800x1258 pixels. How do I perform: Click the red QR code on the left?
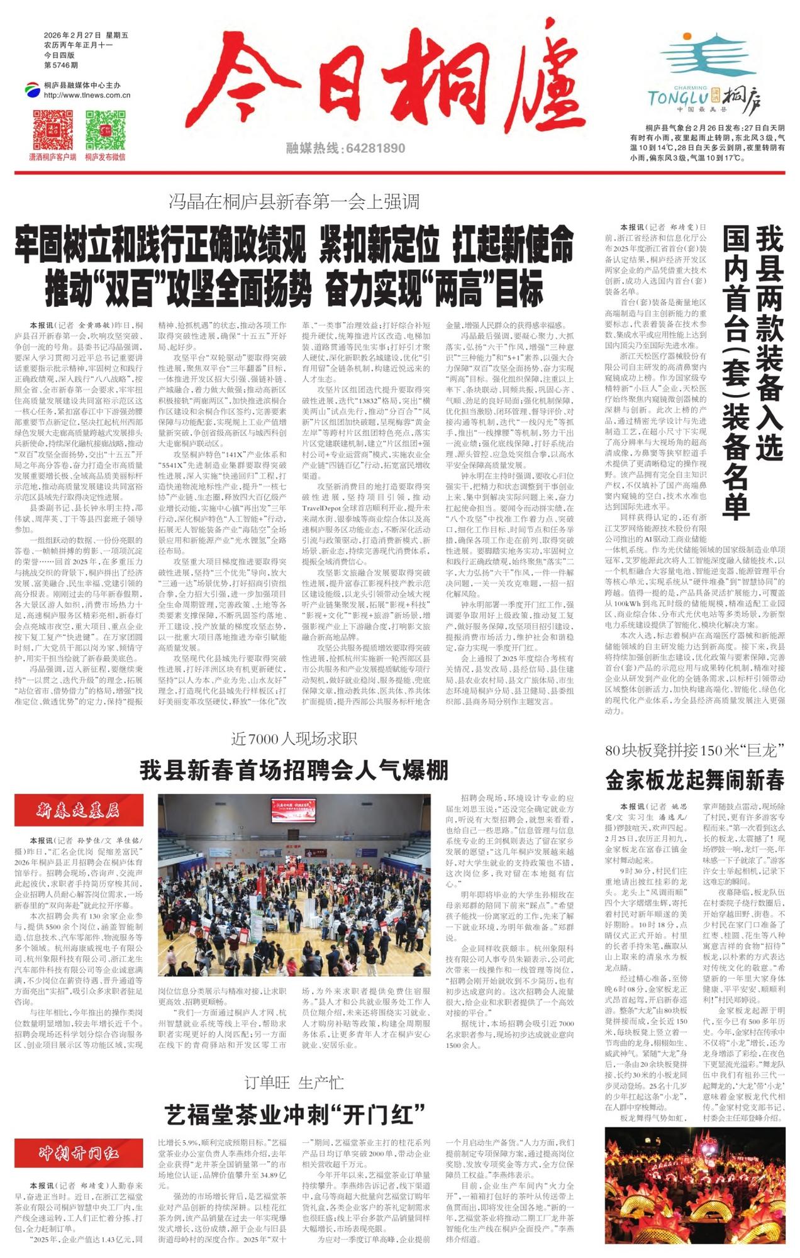(x=53, y=130)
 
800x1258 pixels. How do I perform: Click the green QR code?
(x=105, y=130)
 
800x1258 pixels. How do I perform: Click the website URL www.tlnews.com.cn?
(x=87, y=96)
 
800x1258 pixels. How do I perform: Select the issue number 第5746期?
(x=61, y=65)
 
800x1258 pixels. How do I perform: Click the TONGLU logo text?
(x=677, y=98)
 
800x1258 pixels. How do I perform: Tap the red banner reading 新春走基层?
(x=79, y=810)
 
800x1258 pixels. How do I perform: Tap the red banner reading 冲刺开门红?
(x=79, y=1154)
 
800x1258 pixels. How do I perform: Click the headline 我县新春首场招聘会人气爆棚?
(x=294, y=770)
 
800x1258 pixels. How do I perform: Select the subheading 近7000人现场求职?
(x=294, y=739)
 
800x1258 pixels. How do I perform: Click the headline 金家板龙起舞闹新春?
(x=694, y=781)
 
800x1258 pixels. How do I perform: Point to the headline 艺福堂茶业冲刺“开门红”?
(x=294, y=1115)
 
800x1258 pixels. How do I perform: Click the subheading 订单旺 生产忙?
(x=294, y=1083)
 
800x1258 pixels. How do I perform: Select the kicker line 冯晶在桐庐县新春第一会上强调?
(x=294, y=202)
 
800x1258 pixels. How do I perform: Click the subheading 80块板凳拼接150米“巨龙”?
(x=694, y=750)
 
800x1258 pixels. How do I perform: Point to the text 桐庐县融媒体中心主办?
(x=82, y=86)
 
